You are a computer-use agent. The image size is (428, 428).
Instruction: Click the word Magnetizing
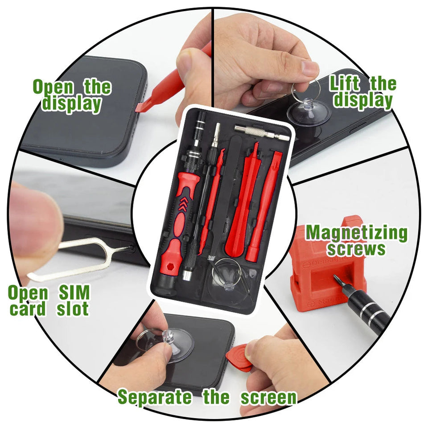pyautogui.click(x=356, y=233)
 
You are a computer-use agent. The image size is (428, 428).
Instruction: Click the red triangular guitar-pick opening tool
pyautogui.click(x=239, y=357)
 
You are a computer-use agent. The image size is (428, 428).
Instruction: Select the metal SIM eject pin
pyautogui.click(x=80, y=259)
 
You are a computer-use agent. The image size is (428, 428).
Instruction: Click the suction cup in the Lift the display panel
pyautogui.click(x=308, y=111)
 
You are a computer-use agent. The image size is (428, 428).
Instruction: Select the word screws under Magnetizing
pyautogui.click(x=356, y=249)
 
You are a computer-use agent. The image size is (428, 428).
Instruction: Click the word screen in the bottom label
pyautogui.click(x=268, y=397)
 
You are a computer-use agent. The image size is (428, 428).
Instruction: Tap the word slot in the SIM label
pyautogui.click(x=73, y=309)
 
